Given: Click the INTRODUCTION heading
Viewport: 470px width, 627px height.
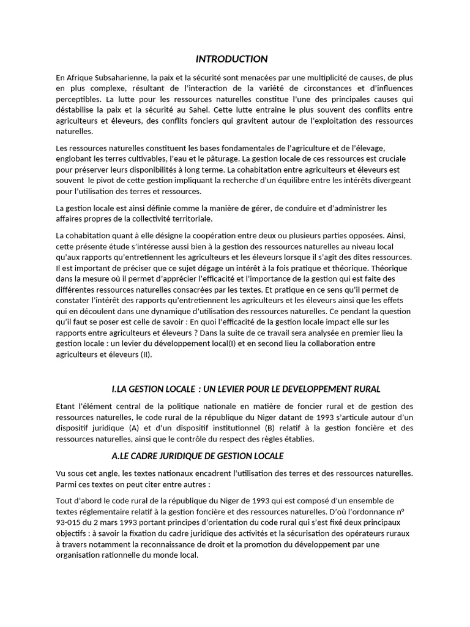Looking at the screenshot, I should coord(231,59).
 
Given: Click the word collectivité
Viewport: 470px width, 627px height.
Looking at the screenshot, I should coord(143,219).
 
